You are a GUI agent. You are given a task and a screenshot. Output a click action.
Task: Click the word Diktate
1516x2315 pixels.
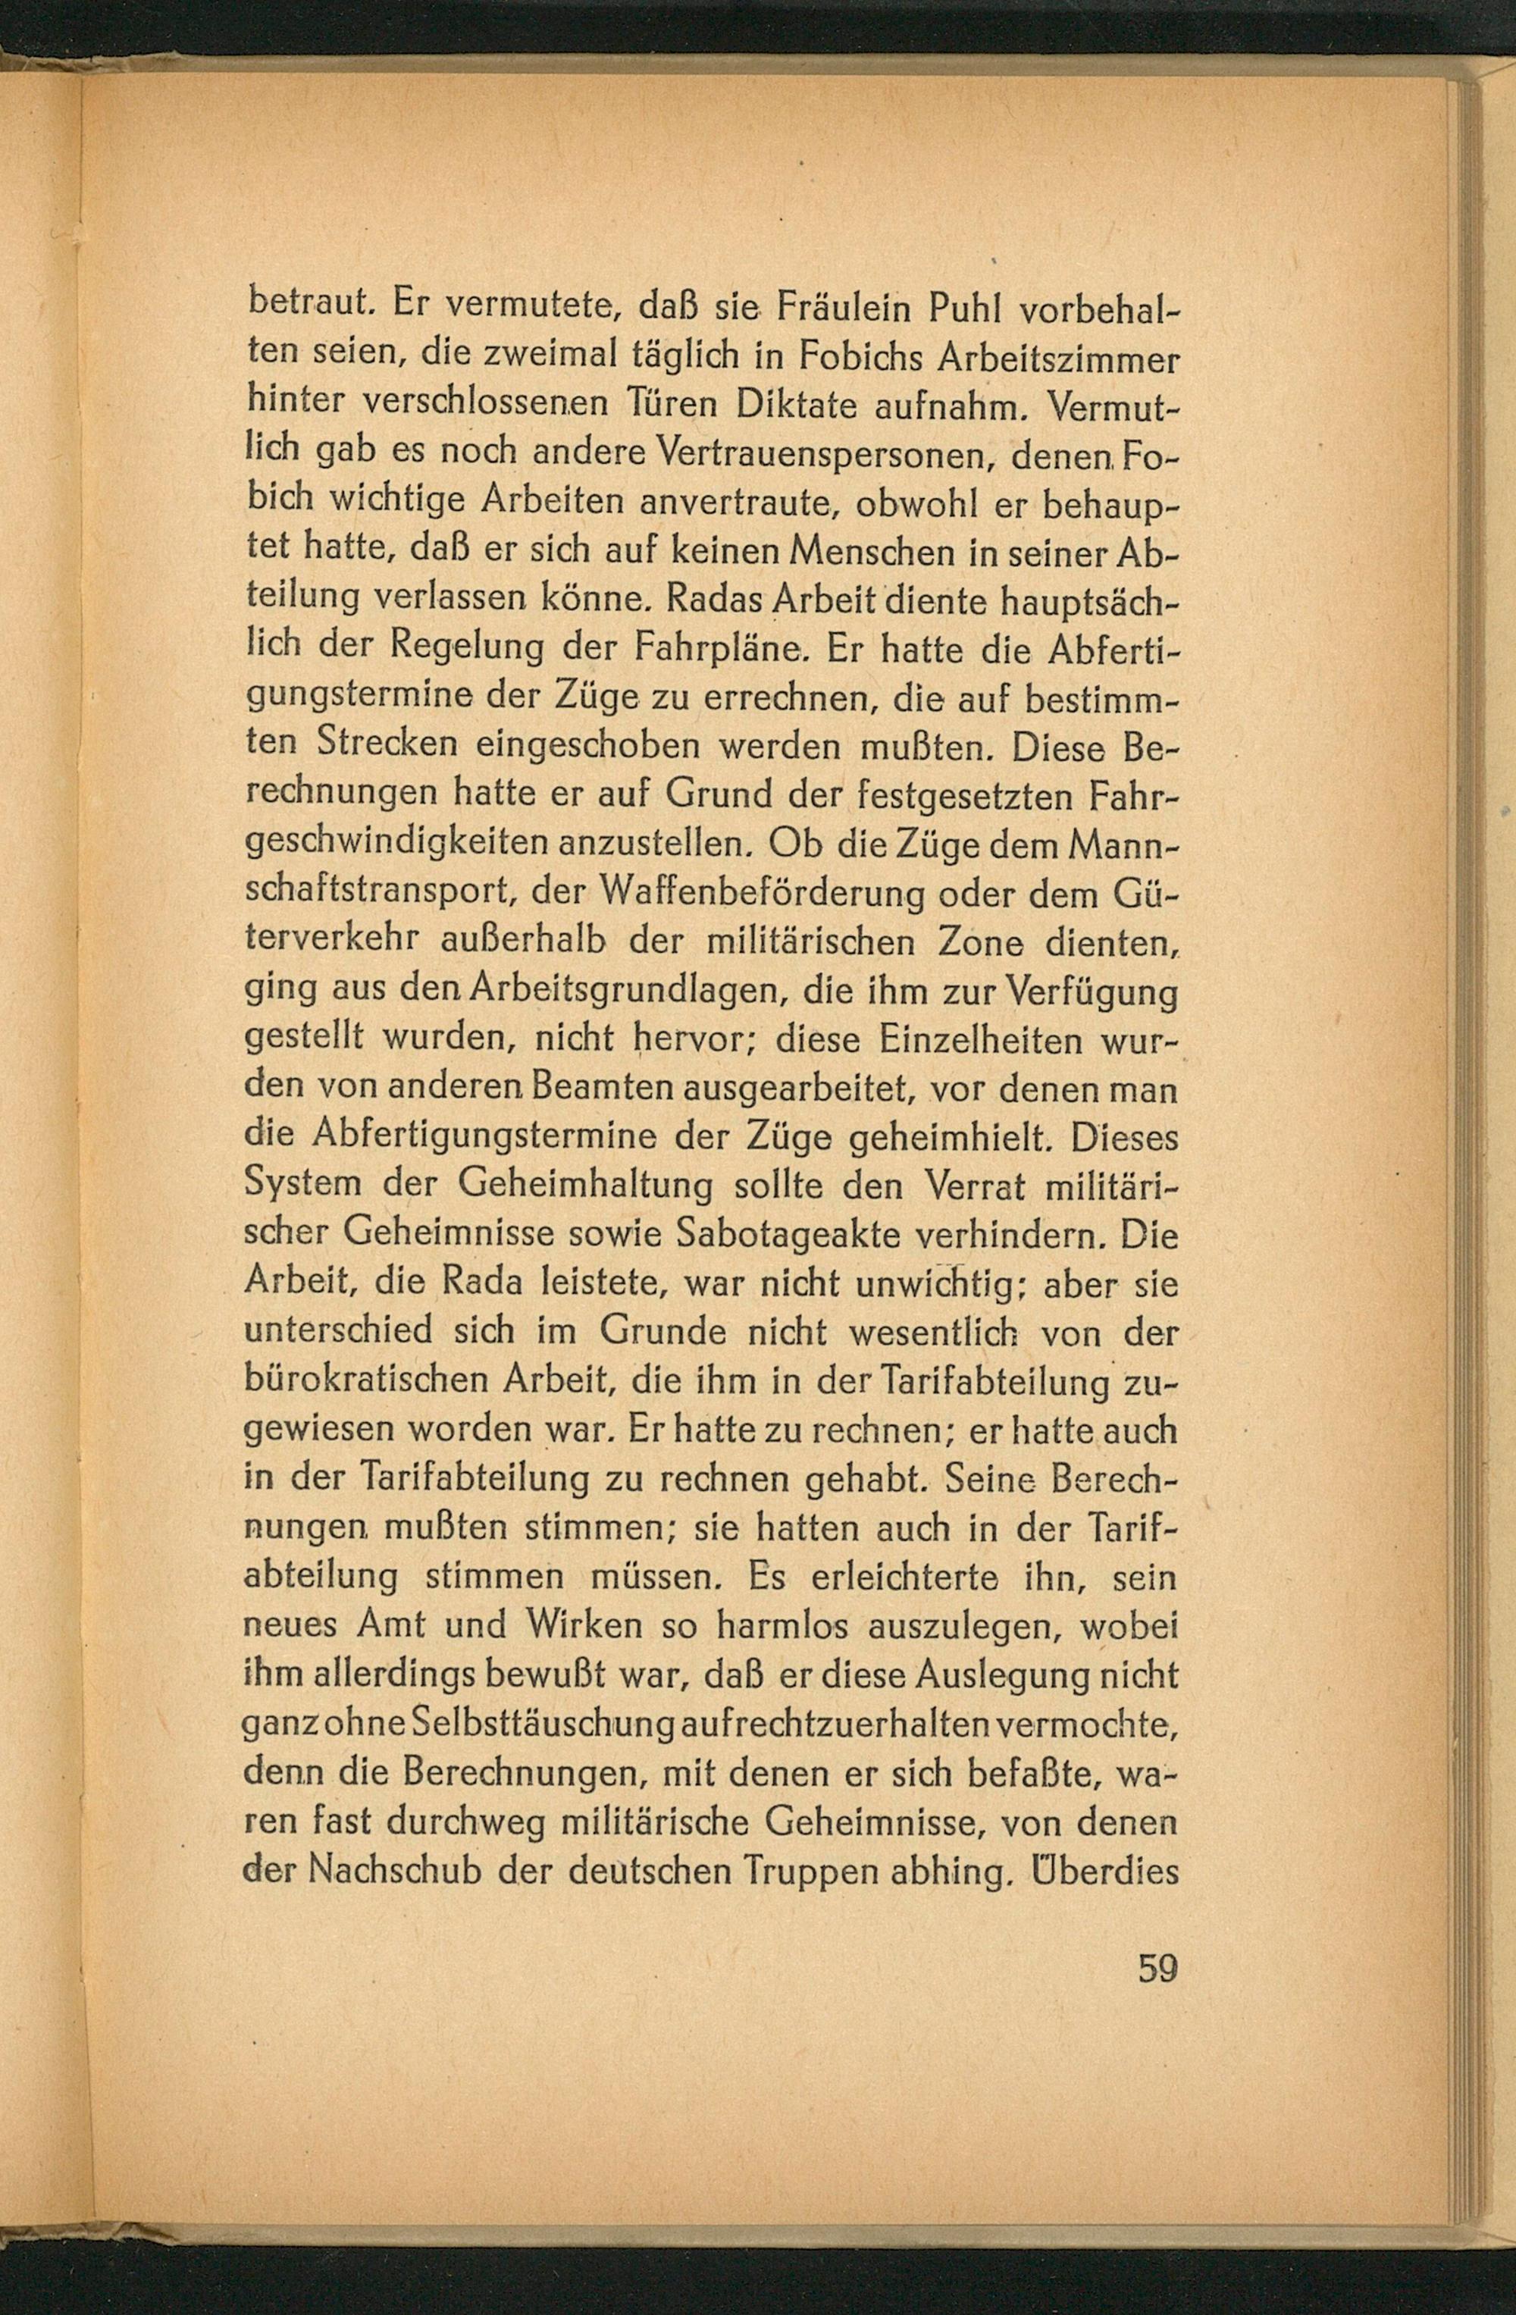(791, 406)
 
